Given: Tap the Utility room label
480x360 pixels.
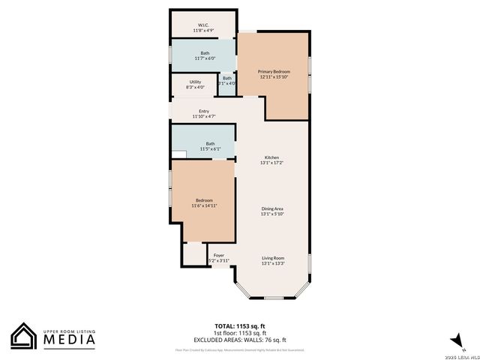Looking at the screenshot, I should [195, 82].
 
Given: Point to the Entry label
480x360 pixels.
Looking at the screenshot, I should [204, 112].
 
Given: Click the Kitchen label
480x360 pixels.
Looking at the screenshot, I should [271, 157].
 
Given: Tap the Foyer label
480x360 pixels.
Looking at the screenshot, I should [219, 256].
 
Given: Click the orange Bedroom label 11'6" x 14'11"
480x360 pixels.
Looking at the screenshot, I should [204, 200].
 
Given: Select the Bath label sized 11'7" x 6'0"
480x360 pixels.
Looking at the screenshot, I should [205, 53].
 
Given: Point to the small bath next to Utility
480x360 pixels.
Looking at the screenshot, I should [227, 80].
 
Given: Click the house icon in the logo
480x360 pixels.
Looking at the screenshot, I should [24, 336].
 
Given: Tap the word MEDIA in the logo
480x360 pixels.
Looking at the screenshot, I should [68, 340].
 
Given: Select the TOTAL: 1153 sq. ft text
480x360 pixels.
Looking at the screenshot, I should [240, 326].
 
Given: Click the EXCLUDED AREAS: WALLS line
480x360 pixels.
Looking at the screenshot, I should [240, 340].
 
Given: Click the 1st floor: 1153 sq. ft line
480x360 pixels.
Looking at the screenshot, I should [240, 333].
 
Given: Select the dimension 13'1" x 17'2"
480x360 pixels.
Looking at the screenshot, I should [271, 163].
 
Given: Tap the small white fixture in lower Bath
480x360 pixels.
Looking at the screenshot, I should [178, 154].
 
